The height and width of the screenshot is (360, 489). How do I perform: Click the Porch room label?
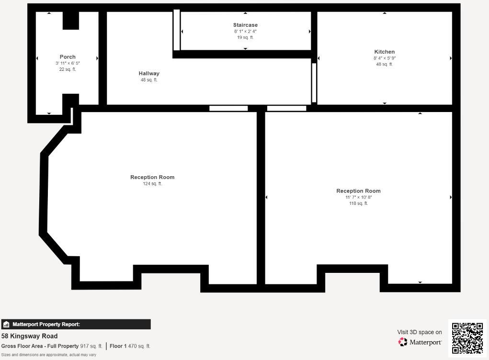pos(68,57)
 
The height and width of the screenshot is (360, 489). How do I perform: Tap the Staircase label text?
pos(245,25)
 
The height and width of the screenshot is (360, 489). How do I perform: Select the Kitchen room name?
pos(385,52)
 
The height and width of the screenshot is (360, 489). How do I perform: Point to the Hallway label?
pos(149,73)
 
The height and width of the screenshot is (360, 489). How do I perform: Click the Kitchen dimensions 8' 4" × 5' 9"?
pos(385,58)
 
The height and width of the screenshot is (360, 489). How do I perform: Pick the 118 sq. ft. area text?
pos(358,203)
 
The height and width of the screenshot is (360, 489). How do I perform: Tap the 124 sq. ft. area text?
pos(152,184)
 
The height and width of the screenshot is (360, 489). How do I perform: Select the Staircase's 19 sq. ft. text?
pos(245,37)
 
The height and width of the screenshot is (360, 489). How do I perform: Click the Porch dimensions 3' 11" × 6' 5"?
pos(68,63)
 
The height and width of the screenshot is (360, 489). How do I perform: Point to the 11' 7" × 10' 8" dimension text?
pos(358,197)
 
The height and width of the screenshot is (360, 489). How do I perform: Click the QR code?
pos(467,338)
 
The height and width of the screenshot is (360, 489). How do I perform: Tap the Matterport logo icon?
pos(403,342)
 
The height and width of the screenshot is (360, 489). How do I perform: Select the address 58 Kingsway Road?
pos(29,336)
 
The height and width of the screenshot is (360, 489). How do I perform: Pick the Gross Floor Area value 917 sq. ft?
pos(91,346)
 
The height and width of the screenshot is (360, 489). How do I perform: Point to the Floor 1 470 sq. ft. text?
pos(130,346)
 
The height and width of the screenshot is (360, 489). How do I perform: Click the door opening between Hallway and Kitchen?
pos(314,83)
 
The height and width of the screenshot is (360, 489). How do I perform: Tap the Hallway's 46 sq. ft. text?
pos(149,80)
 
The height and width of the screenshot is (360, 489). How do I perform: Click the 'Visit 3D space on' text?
pos(420,332)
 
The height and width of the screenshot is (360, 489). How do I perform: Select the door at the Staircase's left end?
pos(176,30)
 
